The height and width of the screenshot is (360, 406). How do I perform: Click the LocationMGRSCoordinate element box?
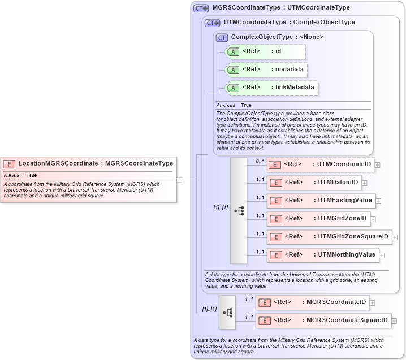(x=89, y=164)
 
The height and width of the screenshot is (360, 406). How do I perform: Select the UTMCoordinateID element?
(x=320, y=164)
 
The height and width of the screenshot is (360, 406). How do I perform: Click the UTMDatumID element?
(x=314, y=183)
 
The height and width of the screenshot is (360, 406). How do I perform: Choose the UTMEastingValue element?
(x=321, y=201)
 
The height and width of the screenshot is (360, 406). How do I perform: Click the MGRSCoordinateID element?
(x=312, y=302)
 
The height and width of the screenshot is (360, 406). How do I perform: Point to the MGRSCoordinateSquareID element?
(x=323, y=320)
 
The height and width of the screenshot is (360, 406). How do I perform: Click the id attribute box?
(x=265, y=52)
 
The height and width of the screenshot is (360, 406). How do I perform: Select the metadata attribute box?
(x=266, y=70)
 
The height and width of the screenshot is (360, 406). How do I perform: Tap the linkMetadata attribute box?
(x=271, y=88)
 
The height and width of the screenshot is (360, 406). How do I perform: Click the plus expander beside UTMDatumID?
(x=365, y=183)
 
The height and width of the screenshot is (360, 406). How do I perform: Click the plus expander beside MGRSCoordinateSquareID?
(x=394, y=320)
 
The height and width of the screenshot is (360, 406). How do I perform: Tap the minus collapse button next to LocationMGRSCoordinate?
(x=179, y=180)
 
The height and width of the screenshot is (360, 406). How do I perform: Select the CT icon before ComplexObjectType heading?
(x=222, y=37)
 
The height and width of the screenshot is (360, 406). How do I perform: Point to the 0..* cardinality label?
(x=260, y=161)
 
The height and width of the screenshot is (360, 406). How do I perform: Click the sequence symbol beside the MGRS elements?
(x=227, y=312)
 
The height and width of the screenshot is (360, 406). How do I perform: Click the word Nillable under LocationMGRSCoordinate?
(x=12, y=176)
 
